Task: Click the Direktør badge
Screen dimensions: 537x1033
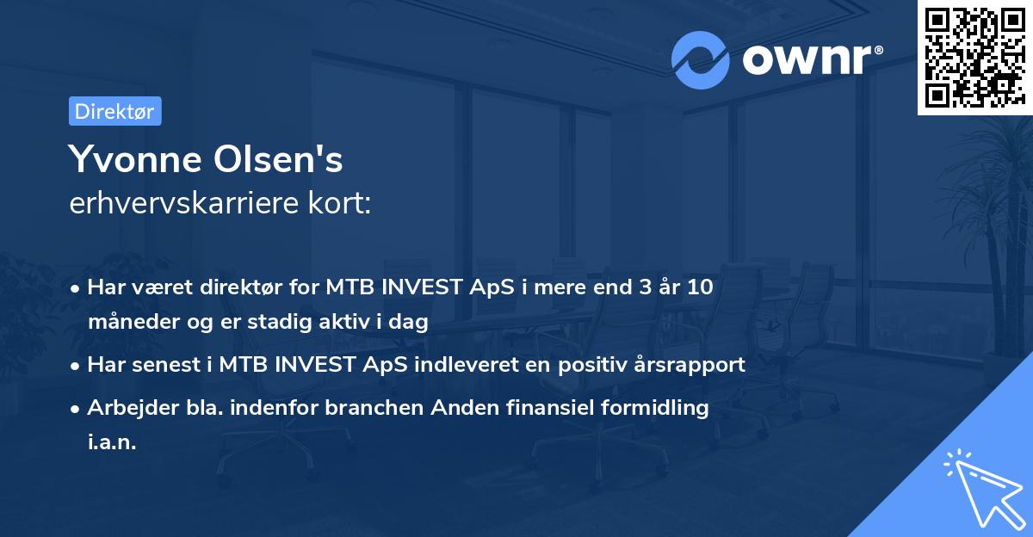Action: [114, 111]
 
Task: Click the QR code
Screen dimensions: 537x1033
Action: [974, 57]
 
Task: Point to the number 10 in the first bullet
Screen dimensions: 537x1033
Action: [700, 287]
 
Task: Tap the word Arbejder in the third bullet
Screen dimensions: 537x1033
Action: [125, 407]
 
